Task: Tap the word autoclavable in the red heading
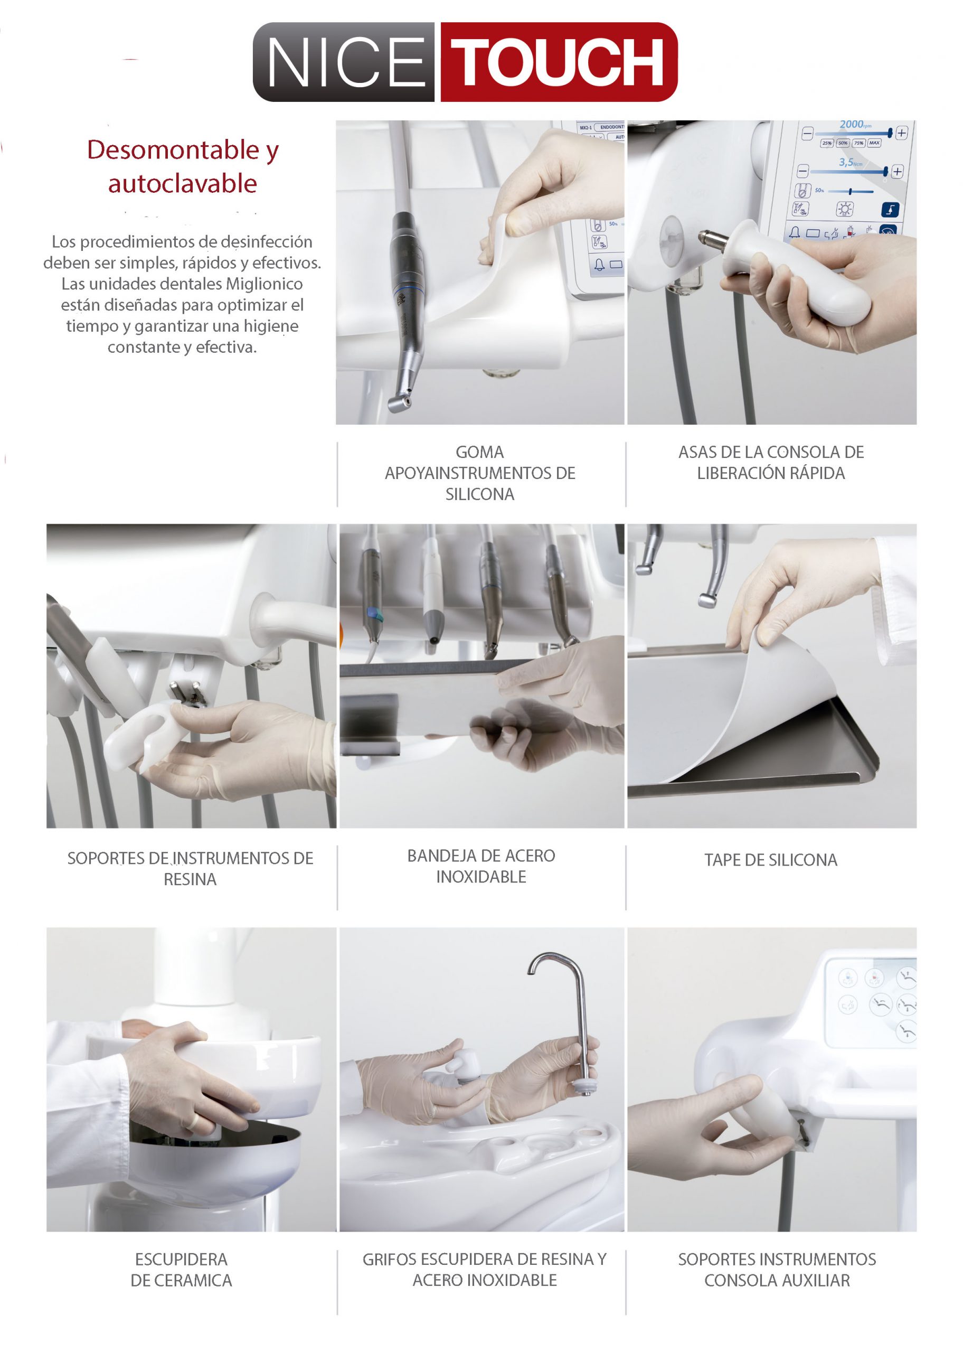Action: [183, 184]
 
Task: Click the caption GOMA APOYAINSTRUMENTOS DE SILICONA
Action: [480, 473]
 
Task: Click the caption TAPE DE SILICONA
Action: [771, 860]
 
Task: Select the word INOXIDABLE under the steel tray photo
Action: [481, 877]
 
